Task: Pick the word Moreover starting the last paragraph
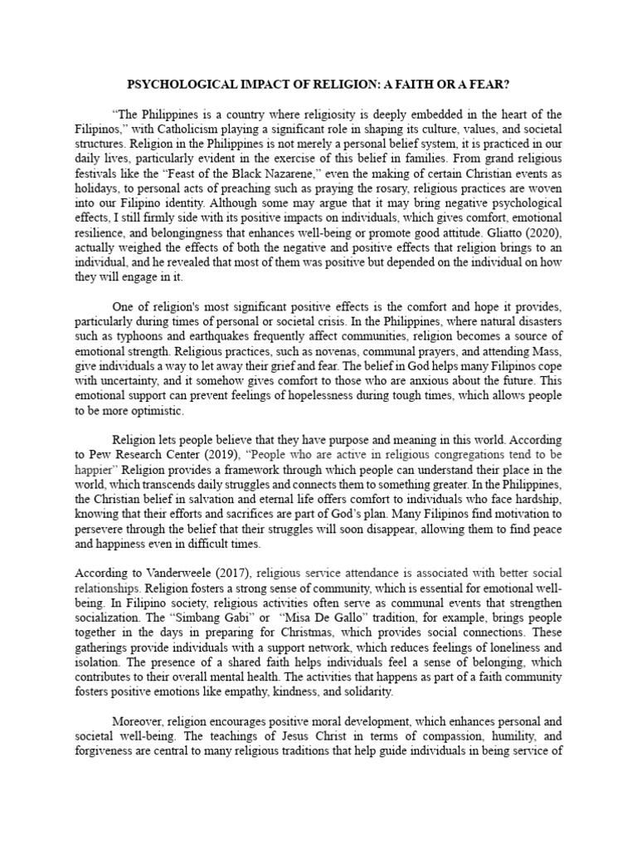click(x=139, y=721)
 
